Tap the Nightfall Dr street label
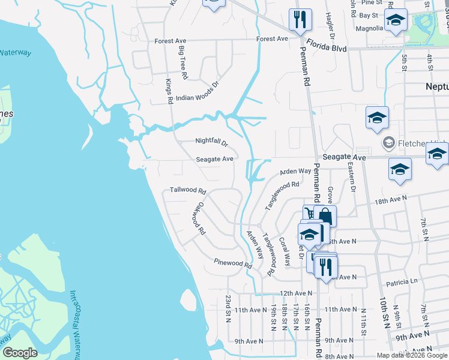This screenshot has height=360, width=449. coord(212,142)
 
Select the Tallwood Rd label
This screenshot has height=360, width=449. coord(188,190)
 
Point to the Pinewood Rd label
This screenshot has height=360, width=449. coord(233,263)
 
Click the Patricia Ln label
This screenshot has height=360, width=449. coord(402,281)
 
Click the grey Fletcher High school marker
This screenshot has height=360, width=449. coord(388,143)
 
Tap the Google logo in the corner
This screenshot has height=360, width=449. coord(20,353)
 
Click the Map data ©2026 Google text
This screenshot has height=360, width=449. coord(411,355)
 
